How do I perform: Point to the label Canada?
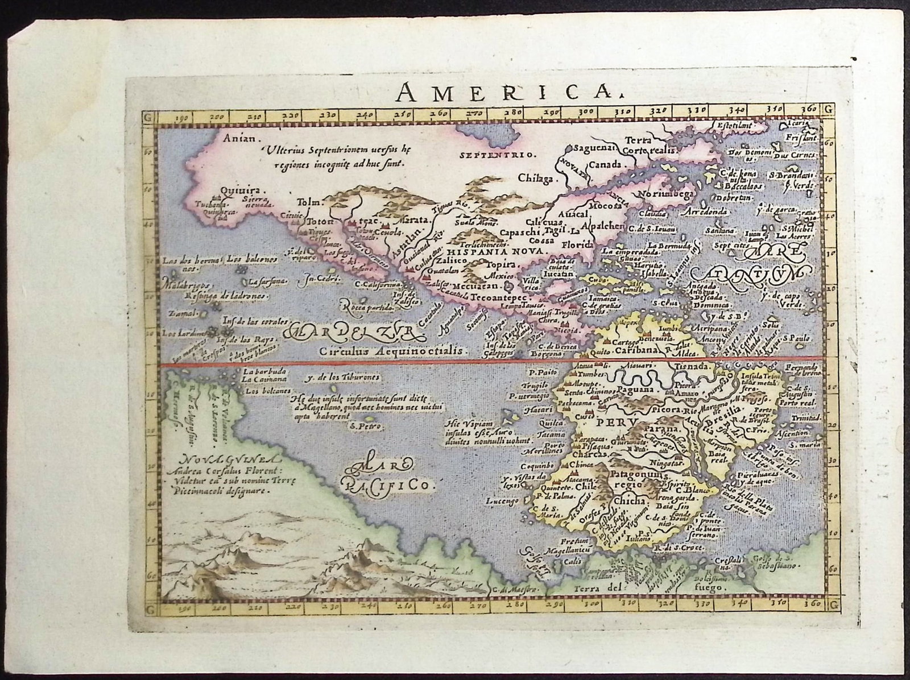click(x=604, y=165)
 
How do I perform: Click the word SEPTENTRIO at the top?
click(x=497, y=155)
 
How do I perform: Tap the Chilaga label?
click(x=535, y=178)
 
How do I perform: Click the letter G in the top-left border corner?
click(x=148, y=119)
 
